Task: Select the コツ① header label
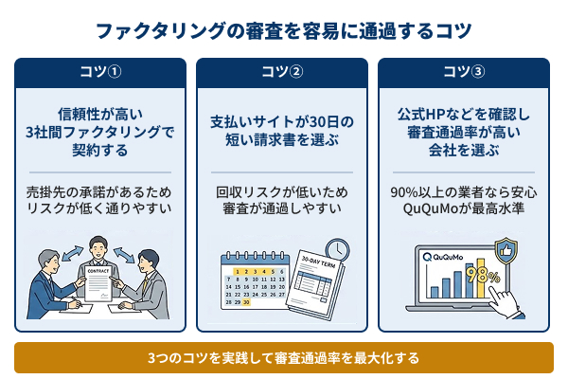(99, 72)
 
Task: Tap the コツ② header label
(282, 72)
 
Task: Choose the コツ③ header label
(464, 72)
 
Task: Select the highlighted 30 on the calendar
(248, 303)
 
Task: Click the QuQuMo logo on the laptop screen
(444, 256)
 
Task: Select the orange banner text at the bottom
(283, 358)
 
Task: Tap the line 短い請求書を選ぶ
(282, 140)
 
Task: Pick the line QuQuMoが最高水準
(464, 208)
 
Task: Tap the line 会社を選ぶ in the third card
(464, 151)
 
